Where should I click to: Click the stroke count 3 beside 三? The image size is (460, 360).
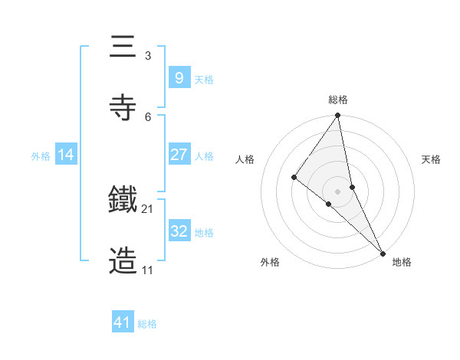pyautogui.click(x=147, y=56)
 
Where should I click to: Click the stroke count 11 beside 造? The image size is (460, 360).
pyautogui.click(x=147, y=270)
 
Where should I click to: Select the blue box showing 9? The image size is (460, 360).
pyautogui.click(x=179, y=77)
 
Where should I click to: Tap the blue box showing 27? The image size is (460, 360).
pyautogui.click(x=179, y=155)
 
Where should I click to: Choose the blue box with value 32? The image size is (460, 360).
pyautogui.click(x=179, y=231)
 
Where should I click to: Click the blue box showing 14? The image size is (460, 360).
pyautogui.click(x=66, y=155)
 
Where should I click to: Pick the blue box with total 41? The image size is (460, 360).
pyautogui.click(x=123, y=322)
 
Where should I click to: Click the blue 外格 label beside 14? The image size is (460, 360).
pyautogui.click(x=41, y=156)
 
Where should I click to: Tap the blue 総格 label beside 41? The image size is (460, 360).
pyautogui.click(x=147, y=324)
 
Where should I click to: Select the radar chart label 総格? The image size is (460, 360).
pyautogui.click(x=338, y=100)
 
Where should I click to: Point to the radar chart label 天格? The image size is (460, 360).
pyautogui.click(x=432, y=159)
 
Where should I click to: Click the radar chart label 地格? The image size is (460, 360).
pyautogui.click(x=402, y=263)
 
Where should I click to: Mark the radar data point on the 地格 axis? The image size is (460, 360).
pyautogui.click(x=383, y=252)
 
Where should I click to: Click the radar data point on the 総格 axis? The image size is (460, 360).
pyautogui.click(x=338, y=116)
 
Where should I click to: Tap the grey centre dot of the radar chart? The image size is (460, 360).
pyautogui.click(x=338, y=191)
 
